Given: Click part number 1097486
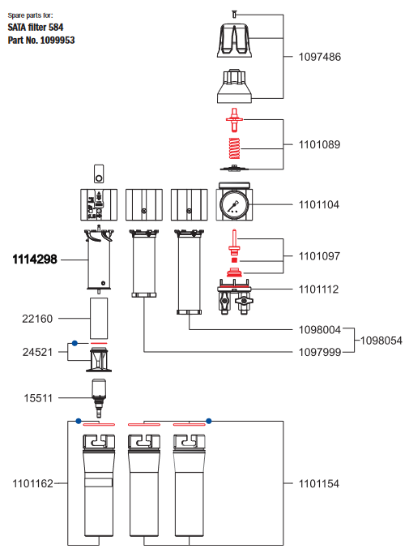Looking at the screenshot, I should (x=319, y=57).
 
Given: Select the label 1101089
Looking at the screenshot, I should (x=319, y=145).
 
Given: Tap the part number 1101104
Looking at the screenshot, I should (x=319, y=205).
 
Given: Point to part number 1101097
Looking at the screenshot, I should (x=319, y=256).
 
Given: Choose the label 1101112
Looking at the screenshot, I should (x=319, y=289).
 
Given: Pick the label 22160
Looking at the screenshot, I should (x=37, y=319).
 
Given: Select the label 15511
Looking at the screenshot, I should (x=37, y=397).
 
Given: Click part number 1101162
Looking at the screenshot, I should (x=32, y=483).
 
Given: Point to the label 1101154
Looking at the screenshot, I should (x=319, y=483).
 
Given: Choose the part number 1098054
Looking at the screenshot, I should (x=381, y=340).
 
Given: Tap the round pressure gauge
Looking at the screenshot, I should (x=233, y=204).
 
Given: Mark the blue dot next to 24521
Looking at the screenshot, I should (x=75, y=343).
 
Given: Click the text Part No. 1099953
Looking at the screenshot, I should (x=41, y=40).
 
